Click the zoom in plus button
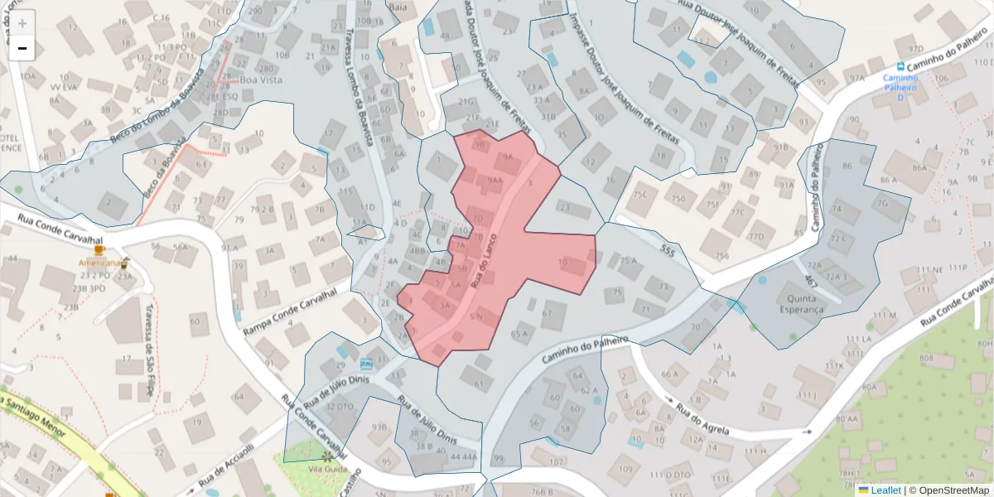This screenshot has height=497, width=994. click(22, 23)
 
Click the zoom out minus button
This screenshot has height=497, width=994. click(22, 48)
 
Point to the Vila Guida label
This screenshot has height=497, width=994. click(326, 468)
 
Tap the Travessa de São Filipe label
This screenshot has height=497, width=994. click(147, 351)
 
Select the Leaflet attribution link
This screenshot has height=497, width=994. click(885, 490)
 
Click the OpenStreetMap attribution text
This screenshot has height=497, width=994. click(953, 490)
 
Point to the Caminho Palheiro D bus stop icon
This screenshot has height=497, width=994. click(901, 66)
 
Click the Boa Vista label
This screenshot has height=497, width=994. click(261, 80)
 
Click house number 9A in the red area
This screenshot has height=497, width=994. click(508, 157)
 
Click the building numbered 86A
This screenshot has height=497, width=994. click(919, 167)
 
